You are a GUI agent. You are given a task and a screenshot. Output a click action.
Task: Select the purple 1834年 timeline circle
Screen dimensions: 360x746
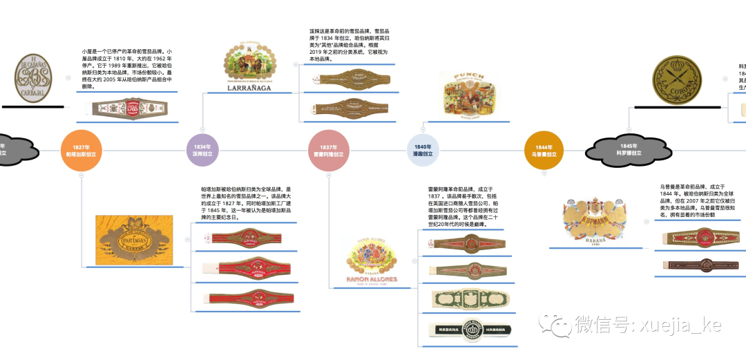[x=202, y=150]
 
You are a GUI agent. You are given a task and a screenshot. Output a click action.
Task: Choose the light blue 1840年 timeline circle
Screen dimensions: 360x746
[x=423, y=150]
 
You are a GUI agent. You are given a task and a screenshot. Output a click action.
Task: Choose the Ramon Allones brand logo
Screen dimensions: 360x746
[x=372, y=263]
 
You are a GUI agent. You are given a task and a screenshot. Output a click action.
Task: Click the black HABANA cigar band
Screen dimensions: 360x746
[x=472, y=330]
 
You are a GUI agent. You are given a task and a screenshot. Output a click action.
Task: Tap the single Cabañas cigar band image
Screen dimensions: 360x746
[x=126, y=108]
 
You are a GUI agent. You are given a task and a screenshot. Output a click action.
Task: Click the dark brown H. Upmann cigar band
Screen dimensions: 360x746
[x=699, y=265]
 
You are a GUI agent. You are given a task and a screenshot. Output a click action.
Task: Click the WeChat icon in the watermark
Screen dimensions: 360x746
[x=555, y=324]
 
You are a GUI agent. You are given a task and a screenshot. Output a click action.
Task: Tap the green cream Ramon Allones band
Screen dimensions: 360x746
[x=472, y=299]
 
